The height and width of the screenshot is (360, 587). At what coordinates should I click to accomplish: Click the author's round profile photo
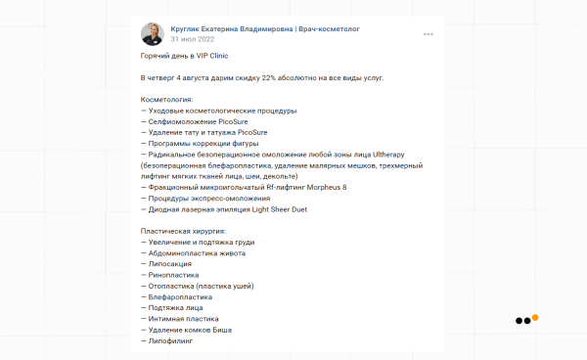point(153,34)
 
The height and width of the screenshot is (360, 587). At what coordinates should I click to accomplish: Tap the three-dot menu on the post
point(428,34)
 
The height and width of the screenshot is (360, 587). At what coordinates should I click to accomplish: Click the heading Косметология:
point(167,99)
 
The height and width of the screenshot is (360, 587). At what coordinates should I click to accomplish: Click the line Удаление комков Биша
point(192,331)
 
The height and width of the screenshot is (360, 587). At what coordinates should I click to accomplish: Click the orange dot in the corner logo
point(535,317)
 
